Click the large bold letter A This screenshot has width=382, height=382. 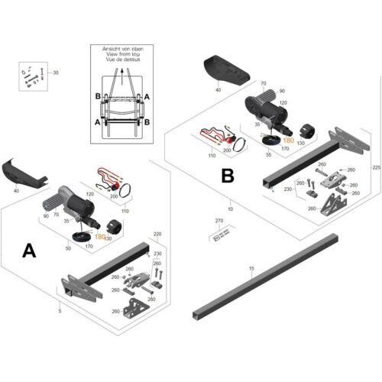click(28, 250)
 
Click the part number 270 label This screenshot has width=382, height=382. click(220, 221)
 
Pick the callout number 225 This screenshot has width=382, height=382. click(374, 167)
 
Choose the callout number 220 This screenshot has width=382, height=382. click(157, 235)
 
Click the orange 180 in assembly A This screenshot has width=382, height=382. click(100, 238)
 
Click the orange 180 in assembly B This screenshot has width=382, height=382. click(288, 141)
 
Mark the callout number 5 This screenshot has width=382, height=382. click(60, 312)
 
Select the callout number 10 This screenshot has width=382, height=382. click(231, 209)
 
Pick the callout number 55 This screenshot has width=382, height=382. click(268, 155)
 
